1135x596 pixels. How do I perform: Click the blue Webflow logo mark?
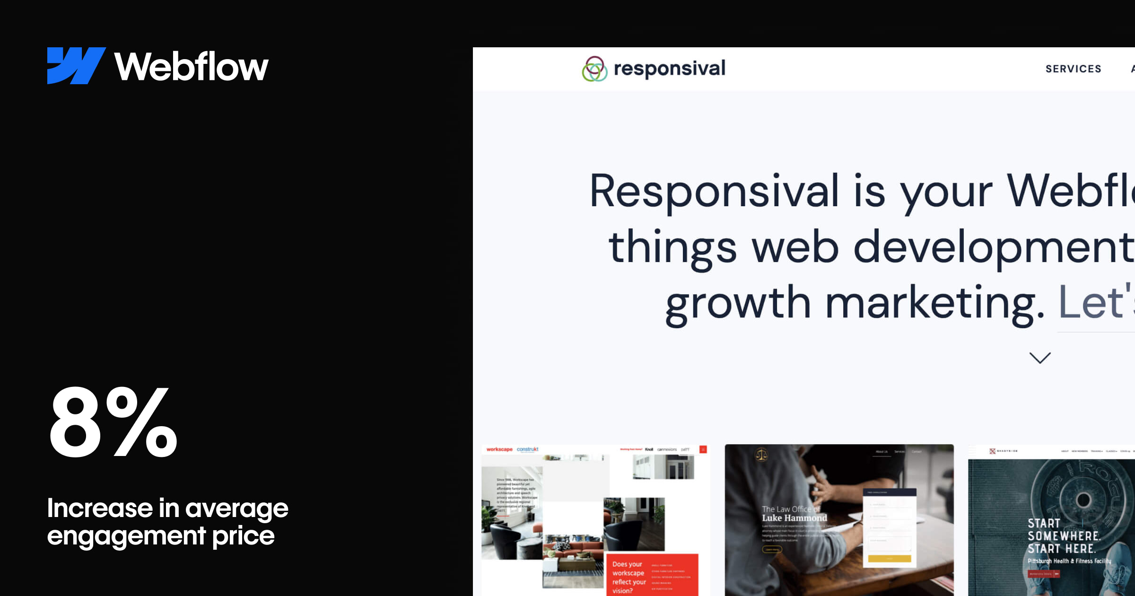[76, 66]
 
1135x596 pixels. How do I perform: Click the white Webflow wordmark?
[191, 67]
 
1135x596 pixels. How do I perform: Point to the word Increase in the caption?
[100, 508]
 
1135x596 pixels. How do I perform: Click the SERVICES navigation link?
[1073, 69]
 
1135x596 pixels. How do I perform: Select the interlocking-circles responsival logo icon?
[594, 69]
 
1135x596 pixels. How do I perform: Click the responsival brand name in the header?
[669, 69]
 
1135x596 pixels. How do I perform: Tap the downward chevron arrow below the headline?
[1040, 358]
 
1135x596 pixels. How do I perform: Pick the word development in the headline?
[993, 247]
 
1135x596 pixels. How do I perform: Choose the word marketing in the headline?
[934, 303]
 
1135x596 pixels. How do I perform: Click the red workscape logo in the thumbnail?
[499, 449]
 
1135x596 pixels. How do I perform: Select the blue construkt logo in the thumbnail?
[527, 449]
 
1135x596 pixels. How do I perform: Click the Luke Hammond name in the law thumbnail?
[794, 518]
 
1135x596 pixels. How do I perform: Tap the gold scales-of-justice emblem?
[761, 455]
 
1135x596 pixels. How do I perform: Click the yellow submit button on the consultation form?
[889, 559]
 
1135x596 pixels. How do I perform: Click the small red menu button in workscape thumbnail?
[703, 449]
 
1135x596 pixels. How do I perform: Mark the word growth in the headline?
[738, 303]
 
